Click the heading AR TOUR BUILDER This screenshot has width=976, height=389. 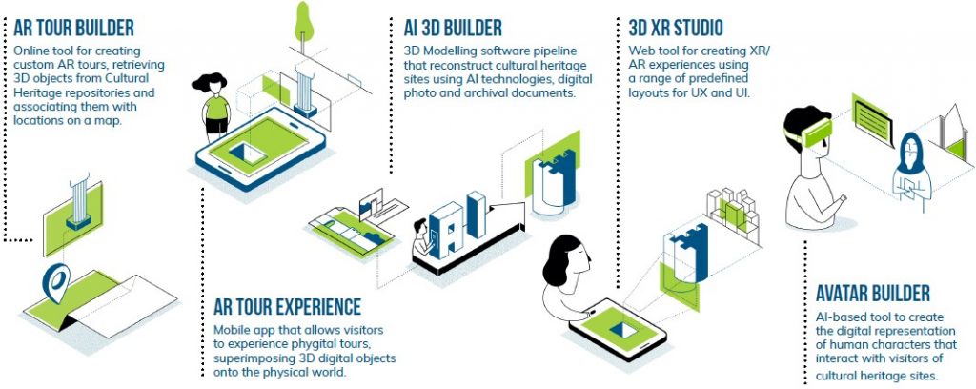tap(73, 28)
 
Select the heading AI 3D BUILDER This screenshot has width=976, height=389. tap(453, 28)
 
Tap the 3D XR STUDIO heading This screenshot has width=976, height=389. tap(676, 28)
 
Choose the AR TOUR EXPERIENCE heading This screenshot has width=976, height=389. tap(287, 306)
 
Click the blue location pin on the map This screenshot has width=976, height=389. tap(58, 282)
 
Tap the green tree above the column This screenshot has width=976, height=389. tap(304, 22)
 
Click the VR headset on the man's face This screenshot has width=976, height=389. tap(811, 132)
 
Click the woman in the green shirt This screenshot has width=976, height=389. tap(214, 105)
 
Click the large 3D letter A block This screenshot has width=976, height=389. tap(446, 229)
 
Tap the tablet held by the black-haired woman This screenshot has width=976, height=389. tap(618, 328)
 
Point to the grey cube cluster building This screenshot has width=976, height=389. tap(733, 213)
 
